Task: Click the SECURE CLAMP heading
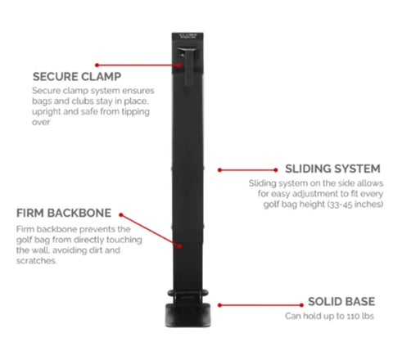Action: tap(77, 77)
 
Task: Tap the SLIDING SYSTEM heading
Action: tap(332, 169)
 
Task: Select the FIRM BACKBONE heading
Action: tap(64, 213)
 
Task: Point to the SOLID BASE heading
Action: tap(341, 302)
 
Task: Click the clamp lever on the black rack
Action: tap(187, 65)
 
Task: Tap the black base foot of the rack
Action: tap(187, 315)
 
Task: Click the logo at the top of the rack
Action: tap(187, 36)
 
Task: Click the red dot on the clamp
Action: tap(178, 65)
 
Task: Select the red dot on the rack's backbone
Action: tap(179, 246)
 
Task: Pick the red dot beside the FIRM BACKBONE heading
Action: tap(121, 215)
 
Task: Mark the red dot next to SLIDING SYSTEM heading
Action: tap(276, 170)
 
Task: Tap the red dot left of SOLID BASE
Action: tap(301, 305)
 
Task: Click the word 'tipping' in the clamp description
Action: tap(136, 112)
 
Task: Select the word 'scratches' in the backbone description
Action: tap(36, 261)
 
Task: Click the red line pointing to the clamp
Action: tap(138, 65)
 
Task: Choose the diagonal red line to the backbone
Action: tap(150, 231)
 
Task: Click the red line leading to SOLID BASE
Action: tap(260, 305)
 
